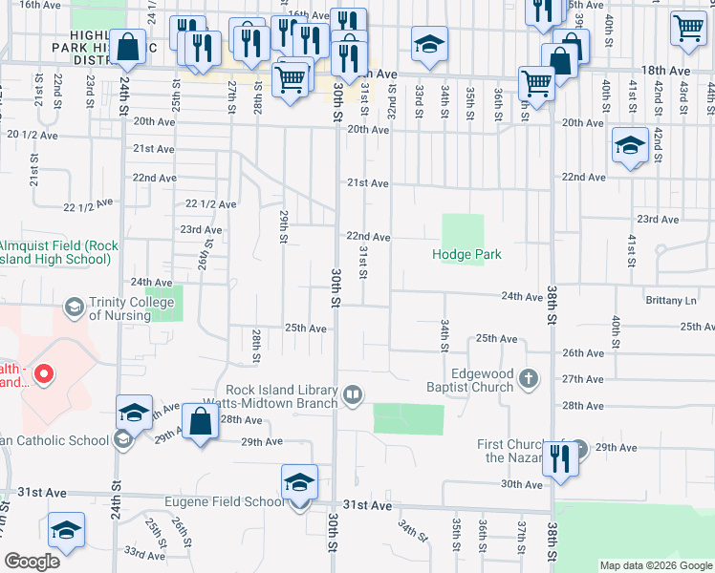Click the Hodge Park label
(466, 255)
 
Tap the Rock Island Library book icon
(353, 394)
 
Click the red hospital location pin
(42, 375)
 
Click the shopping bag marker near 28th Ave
(200, 422)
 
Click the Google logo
(32, 562)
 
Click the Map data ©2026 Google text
(656, 565)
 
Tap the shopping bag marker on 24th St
(127, 47)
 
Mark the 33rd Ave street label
(144, 554)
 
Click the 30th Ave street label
(523, 484)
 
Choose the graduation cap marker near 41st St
(630, 146)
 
